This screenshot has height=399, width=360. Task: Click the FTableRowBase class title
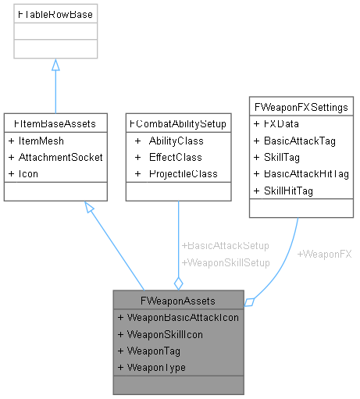pos(55,13)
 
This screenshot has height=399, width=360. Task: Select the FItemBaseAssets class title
pos(55,123)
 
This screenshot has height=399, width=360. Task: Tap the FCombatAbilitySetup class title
pos(179,123)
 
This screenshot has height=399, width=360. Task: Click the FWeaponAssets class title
pos(179,300)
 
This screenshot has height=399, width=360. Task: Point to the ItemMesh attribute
pos(37,141)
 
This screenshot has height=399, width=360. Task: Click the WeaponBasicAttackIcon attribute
pos(179,317)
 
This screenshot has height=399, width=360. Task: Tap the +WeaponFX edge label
pos(324,255)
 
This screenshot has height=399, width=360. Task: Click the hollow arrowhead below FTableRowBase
pos(55,66)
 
